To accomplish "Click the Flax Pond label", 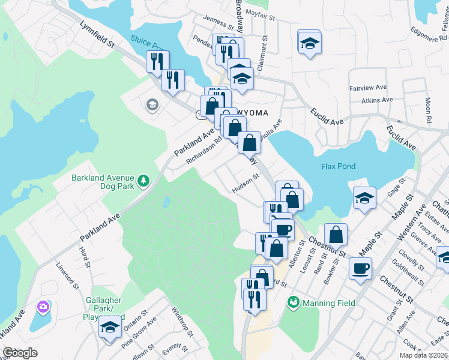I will tap(337, 166).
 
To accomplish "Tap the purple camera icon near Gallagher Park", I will tap(43, 307).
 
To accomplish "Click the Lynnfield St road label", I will tap(97, 35).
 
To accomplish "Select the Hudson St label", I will tap(245, 184).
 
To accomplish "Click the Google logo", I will tap(20, 353).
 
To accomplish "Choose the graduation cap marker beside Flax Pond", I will tap(364, 198).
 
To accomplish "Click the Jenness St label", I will tap(217, 23).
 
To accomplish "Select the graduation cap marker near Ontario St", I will tap(110, 328).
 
